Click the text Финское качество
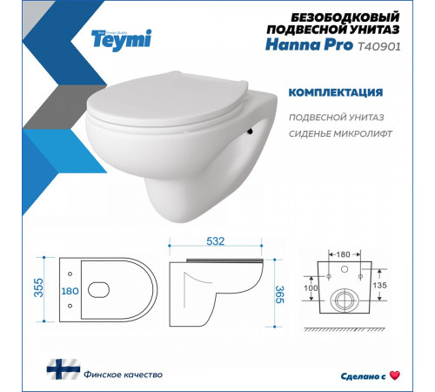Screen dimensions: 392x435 [x=90, y=375]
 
